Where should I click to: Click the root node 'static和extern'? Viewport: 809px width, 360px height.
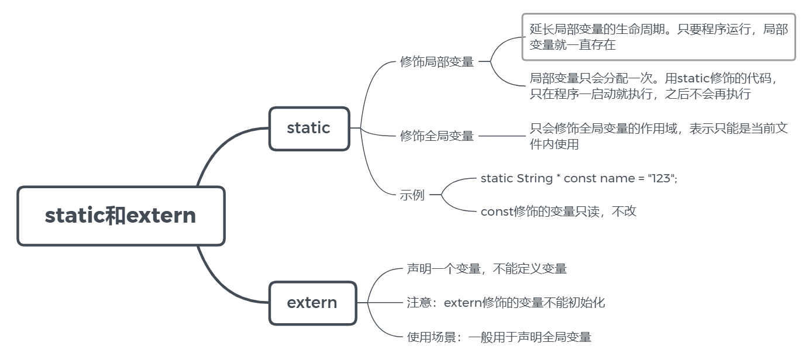(x=121, y=216)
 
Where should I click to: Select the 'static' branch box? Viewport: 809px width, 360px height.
(x=309, y=128)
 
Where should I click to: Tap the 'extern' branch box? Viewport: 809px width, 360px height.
(x=312, y=303)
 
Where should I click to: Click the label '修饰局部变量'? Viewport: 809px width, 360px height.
(x=437, y=62)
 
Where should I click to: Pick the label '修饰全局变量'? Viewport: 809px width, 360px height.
(x=437, y=136)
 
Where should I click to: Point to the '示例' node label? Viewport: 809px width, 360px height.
(x=412, y=195)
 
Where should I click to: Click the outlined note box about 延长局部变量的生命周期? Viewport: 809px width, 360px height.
(x=659, y=37)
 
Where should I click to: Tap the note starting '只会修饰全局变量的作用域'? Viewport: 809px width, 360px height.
(x=659, y=136)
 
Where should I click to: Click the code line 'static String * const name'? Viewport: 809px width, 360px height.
(x=579, y=178)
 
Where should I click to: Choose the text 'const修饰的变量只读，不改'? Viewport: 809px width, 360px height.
(x=558, y=212)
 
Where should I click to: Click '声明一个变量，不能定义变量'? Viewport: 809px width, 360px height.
(x=487, y=269)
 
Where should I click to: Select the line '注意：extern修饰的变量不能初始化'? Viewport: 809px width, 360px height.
(x=506, y=303)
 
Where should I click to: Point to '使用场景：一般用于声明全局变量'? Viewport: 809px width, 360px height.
(x=499, y=337)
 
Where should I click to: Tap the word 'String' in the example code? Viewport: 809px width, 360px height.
(x=535, y=178)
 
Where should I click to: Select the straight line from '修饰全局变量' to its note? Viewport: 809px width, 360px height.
(x=502, y=136)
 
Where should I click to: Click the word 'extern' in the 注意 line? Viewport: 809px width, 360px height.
(x=463, y=303)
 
